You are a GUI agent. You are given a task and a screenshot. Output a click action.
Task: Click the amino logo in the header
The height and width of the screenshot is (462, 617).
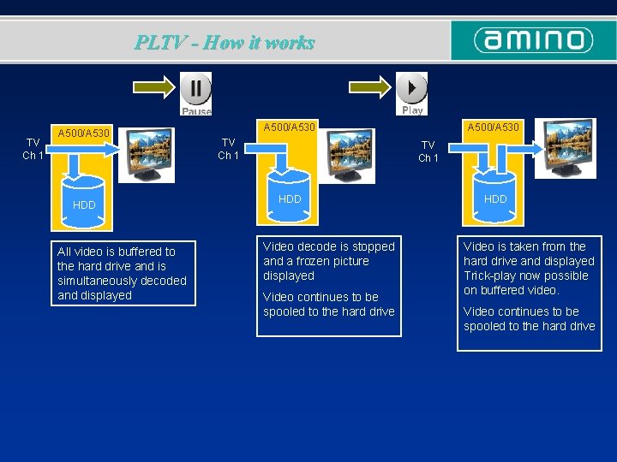[x=534, y=40]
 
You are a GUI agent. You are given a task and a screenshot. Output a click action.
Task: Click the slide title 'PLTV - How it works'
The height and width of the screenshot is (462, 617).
[x=225, y=42]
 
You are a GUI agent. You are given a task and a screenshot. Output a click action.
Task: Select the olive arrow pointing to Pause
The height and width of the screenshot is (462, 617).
[x=155, y=88]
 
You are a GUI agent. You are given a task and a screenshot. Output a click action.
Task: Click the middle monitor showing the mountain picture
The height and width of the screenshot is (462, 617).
[x=350, y=151]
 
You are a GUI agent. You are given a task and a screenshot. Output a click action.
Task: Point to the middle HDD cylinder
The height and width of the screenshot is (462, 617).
[x=291, y=198]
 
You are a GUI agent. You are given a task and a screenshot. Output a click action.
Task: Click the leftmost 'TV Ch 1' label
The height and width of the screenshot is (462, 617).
[x=33, y=149]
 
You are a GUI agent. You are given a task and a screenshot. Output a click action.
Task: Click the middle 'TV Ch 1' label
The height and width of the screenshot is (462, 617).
[x=228, y=149]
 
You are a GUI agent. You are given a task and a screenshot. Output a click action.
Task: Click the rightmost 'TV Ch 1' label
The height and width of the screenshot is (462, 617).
[x=428, y=151]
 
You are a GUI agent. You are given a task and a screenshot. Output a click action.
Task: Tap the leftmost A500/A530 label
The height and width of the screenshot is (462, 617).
[x=83, y=133]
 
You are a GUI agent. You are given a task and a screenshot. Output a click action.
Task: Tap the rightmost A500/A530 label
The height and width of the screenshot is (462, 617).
[x=493, y=127]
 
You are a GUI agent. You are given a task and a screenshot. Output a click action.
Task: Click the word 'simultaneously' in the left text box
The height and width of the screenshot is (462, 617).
[x=97, y=281]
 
